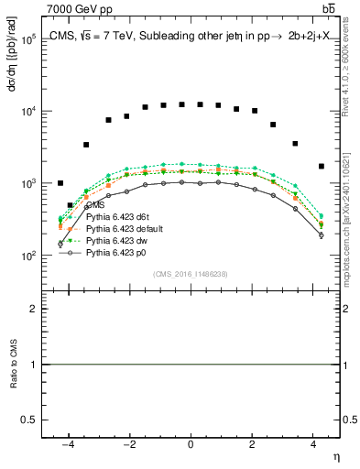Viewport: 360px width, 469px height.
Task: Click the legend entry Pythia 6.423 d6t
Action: click(117, 217)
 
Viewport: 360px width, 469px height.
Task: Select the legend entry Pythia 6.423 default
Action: click(124, 228)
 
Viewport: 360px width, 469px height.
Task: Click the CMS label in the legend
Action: click(95, 205)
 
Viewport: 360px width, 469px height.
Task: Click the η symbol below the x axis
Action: click(335, 456)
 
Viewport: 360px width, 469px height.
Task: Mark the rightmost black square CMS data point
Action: click(322, 166)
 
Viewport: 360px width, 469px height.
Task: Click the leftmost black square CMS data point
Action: click(60, 183)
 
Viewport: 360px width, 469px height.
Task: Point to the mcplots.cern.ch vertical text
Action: click(352, 229)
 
